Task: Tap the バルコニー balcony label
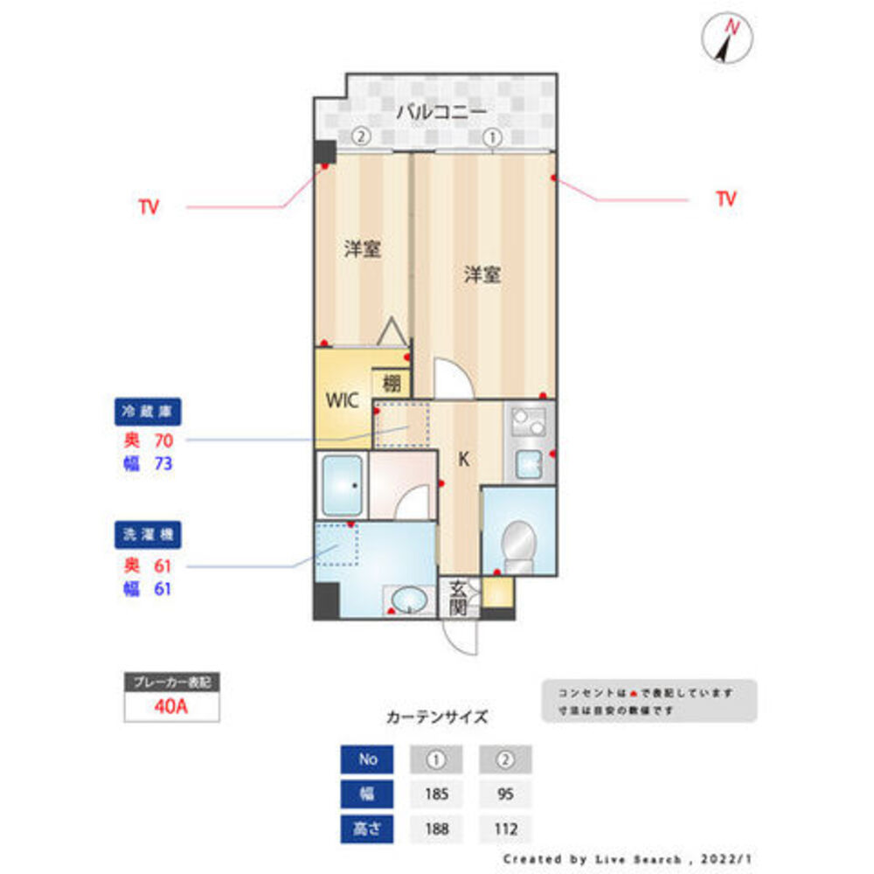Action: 440,112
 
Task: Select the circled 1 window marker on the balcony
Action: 492,137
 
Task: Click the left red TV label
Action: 149,208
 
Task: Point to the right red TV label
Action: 725,199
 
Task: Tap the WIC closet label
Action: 342,402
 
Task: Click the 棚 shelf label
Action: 392,383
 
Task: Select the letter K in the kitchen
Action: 464,459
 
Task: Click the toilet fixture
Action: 519,542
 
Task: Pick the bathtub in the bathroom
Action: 342,486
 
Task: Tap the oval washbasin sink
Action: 409,600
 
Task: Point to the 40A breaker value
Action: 171,707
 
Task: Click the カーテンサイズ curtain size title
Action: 437,718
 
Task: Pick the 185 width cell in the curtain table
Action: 437,794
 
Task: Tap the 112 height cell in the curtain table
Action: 504,828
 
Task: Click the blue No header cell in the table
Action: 368,760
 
